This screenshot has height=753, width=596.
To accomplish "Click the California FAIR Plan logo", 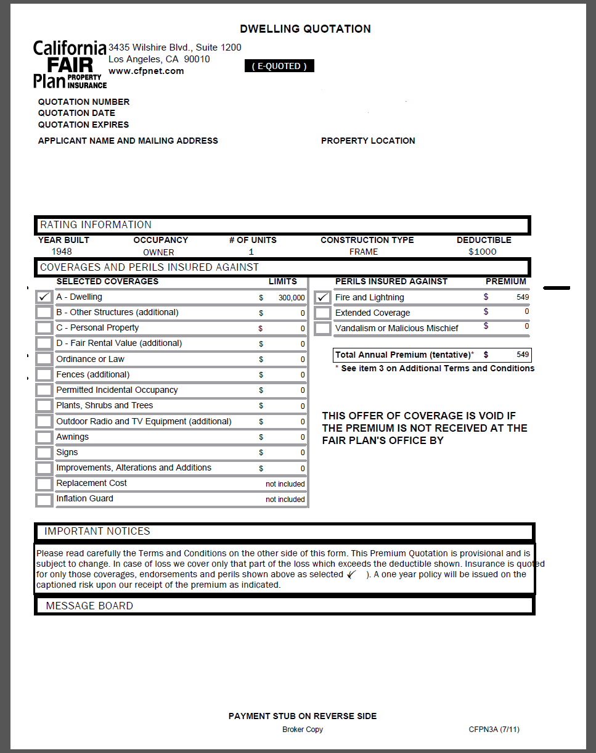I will tap(70, 65).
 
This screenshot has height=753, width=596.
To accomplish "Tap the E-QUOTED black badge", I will tap(279, 66).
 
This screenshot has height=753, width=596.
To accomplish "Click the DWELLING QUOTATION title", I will tap(305, 29).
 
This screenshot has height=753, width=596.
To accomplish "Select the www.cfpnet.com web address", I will tap(146, 71).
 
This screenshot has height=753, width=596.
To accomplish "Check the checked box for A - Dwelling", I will tap(44, 297).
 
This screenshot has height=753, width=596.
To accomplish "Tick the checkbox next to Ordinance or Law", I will tap(44, 359).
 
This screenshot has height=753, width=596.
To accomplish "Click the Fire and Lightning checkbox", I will tap(323, 297).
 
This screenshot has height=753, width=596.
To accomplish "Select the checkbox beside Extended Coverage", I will tap(323, 313).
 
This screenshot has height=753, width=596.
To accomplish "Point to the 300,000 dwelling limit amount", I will tap(291, 298).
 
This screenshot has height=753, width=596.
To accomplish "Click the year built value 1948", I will tap(62, 252).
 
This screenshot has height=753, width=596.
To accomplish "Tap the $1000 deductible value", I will tap(482, 252).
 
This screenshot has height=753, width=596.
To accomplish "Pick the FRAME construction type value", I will tap(364, 252).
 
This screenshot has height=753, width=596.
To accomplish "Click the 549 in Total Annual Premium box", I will tap(523, 355).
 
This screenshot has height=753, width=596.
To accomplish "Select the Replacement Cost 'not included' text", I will tap(285, 484).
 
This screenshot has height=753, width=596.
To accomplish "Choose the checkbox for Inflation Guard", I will tap(44, 500).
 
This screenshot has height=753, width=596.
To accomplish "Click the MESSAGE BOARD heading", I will tap(89, 606).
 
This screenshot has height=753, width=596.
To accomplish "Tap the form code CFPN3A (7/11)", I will tap(494, 730).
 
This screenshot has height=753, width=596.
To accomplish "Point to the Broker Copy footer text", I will tap(302, 730).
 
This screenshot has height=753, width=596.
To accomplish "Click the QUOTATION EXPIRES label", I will tap(83, 125).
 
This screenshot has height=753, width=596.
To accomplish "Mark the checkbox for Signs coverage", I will tap(44, 453).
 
